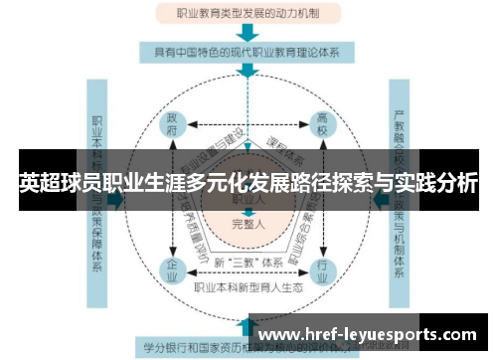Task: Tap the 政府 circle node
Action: coord(173,128)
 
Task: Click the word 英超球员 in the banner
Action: coord(61,183)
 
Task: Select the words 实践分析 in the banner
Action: coord(437,183)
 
